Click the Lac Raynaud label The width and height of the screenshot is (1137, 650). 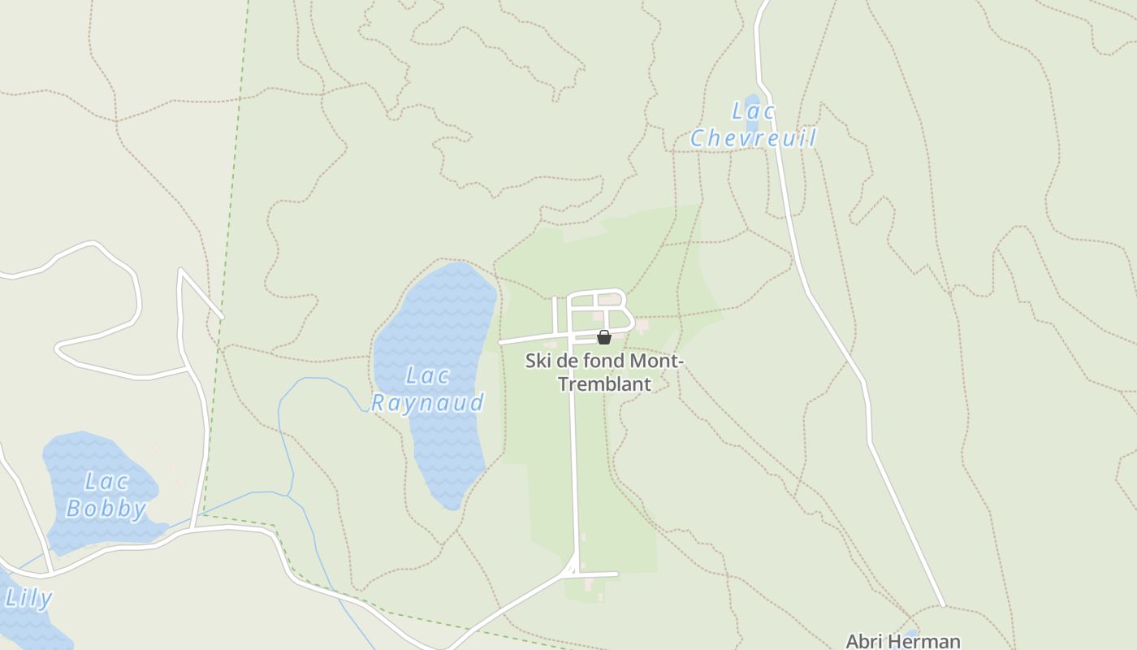click(x=427, y=389)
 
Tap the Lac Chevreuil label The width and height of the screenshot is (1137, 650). click(x=754, y=125)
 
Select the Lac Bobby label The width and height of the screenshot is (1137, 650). click(x=106, y=496)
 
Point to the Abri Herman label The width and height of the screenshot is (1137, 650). click(x=902, y=641)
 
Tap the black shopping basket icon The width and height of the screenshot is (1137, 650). click(x=604, y=337)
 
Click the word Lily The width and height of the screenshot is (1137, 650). click(x=28, y=599)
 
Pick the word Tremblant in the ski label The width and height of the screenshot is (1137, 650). click(x=605, y=383)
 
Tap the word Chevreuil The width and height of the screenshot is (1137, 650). click(x=754, y=138)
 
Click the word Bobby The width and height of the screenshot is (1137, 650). click(x=106, y=509)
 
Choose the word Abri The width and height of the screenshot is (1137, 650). click(x=864, y=641)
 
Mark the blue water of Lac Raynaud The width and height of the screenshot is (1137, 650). click(x=439, y=317)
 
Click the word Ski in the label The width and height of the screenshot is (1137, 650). click(x=538, y=360)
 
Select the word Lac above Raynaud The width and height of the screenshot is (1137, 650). click(x=427, y=375)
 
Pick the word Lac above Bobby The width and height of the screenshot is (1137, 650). click(x=106, y=482)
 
